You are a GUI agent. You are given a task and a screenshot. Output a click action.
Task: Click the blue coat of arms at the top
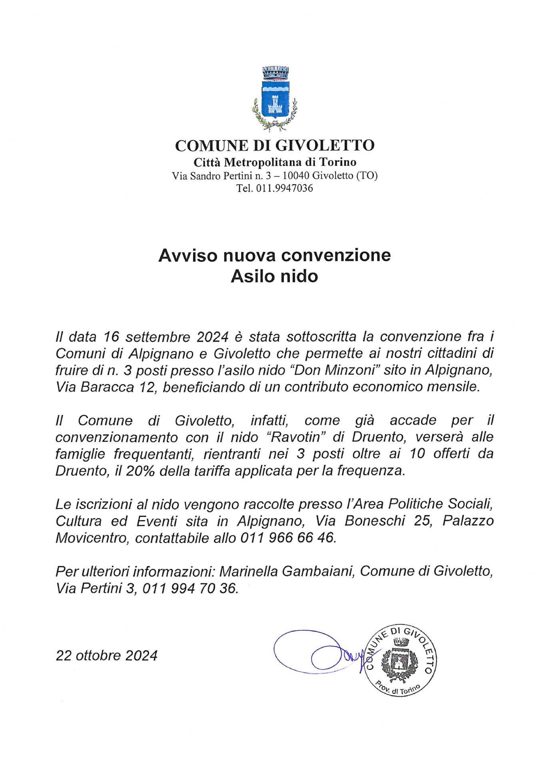tap(274, 98)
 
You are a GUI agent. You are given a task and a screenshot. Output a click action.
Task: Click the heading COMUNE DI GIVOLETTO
tap(275, 145)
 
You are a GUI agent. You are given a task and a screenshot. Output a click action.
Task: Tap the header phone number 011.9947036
tap(284, 188)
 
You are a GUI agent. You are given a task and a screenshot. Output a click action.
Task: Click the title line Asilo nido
tap(274, 276)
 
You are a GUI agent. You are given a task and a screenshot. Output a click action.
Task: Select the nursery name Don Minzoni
tap(337, 370)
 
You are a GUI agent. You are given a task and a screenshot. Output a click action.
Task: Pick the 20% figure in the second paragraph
tap(140, 471)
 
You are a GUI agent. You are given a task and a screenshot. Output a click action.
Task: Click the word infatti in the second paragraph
tap(269, 420)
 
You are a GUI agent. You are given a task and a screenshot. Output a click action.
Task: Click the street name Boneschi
tap(375, 521)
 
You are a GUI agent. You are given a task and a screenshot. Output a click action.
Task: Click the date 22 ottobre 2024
tap(107, 656)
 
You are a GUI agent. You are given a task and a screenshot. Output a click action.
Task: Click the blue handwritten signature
tap(316, 652)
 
